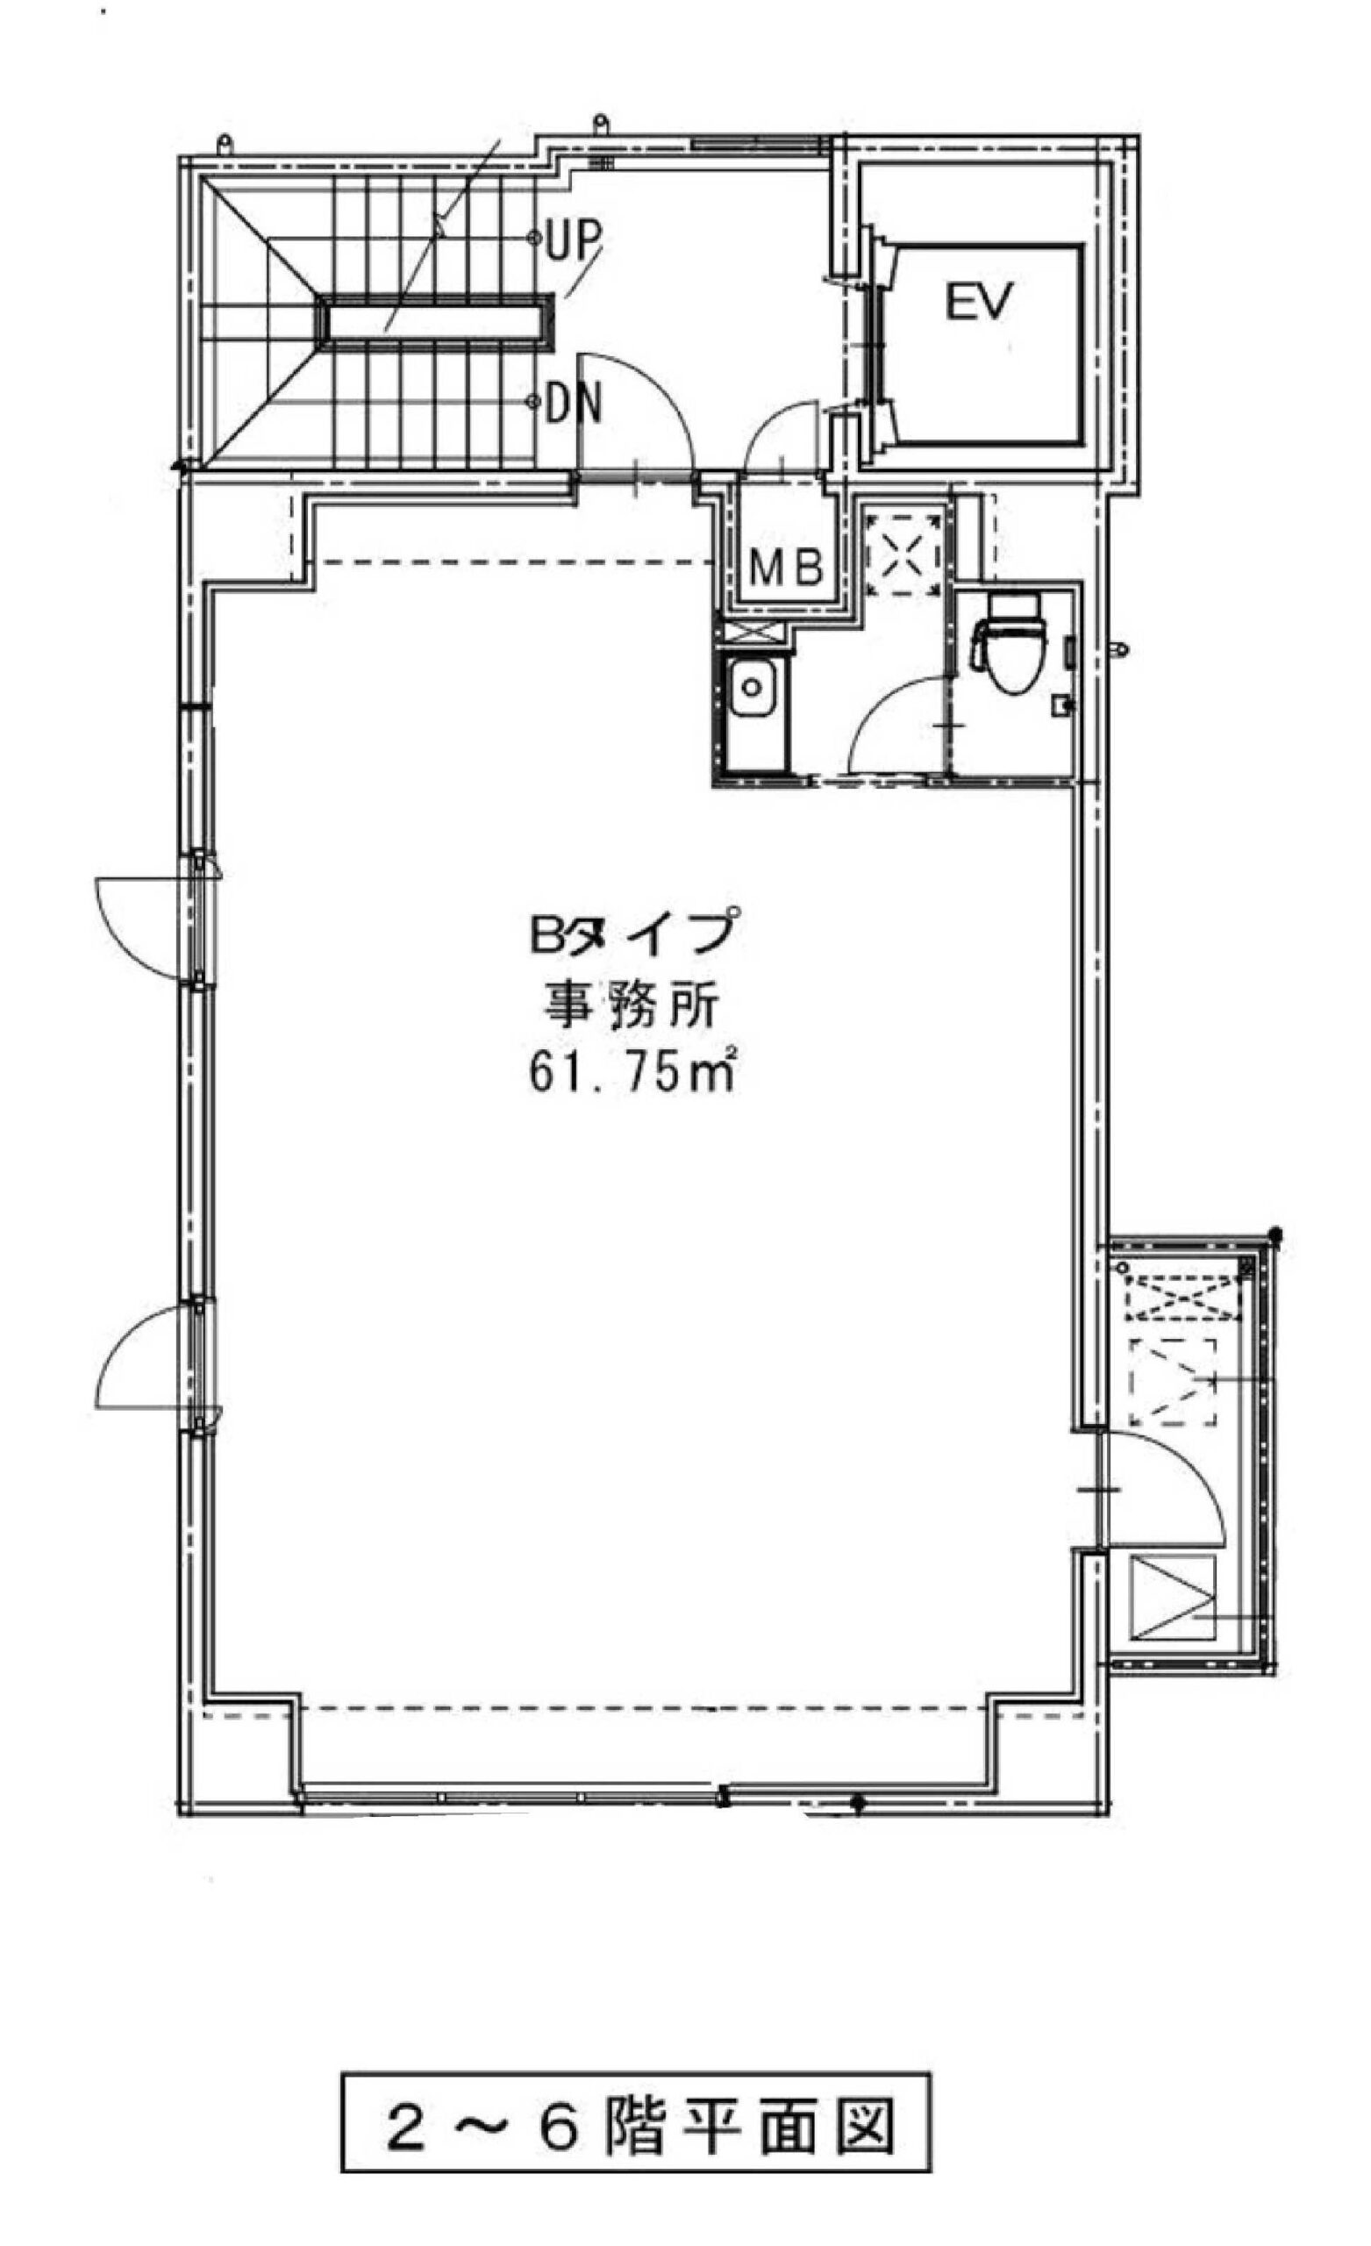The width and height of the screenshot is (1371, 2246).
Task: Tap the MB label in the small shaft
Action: (787, 568)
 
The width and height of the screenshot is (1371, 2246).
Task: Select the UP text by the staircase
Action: (575, 240)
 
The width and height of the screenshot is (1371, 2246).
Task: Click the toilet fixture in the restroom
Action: (1007, 641)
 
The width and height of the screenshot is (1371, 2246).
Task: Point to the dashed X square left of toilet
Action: (903, 554)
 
